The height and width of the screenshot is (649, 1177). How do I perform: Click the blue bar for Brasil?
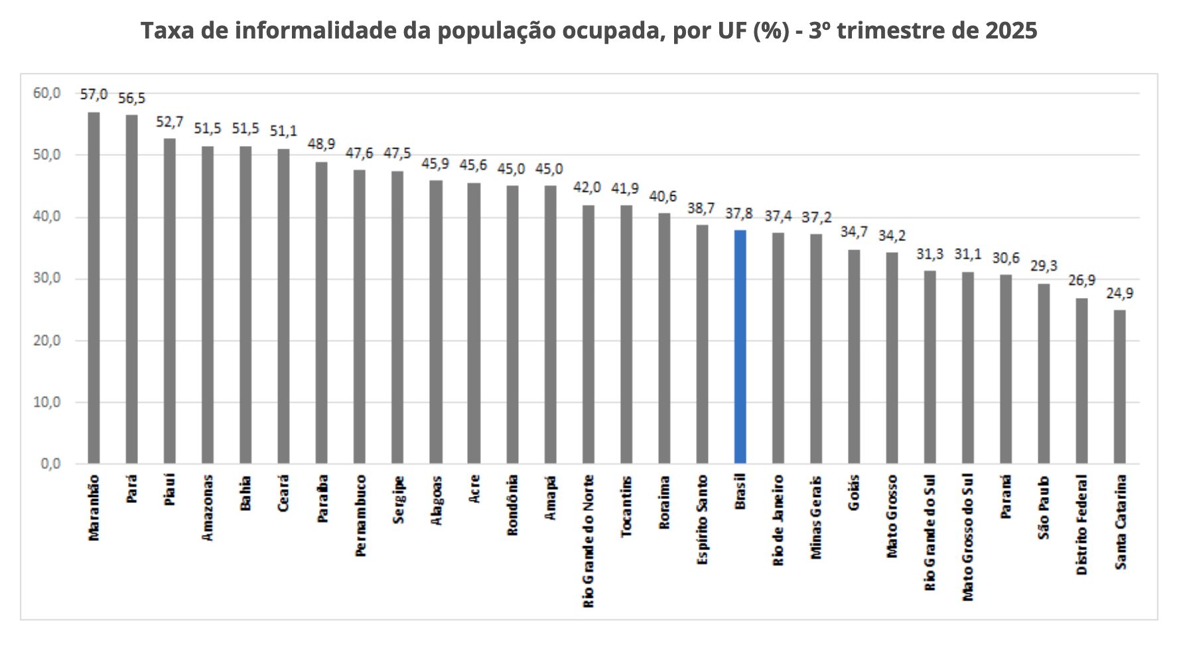point(740,346)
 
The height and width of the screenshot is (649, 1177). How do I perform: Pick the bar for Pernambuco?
point(359,317)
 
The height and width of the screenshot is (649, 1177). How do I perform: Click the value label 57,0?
point(94,94)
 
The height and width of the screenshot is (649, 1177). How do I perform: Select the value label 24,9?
point(1119,293)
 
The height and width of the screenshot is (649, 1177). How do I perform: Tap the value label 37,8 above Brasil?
point(739,213)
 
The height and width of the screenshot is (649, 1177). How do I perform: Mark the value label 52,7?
point(169,121)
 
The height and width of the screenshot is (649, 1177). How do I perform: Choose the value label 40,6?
point(663,196)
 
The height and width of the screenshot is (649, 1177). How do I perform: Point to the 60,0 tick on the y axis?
point(46,93)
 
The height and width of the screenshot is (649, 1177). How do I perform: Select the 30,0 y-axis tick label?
point(46,279)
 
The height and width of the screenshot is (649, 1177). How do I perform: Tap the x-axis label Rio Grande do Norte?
point(588,541)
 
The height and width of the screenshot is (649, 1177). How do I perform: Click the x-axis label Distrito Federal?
point(1081,524)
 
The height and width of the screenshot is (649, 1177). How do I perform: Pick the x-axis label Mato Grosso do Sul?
point(968,538)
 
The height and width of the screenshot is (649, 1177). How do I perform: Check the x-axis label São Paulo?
point(1044,508)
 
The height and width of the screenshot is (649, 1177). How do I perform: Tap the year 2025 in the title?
point(1011,31)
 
